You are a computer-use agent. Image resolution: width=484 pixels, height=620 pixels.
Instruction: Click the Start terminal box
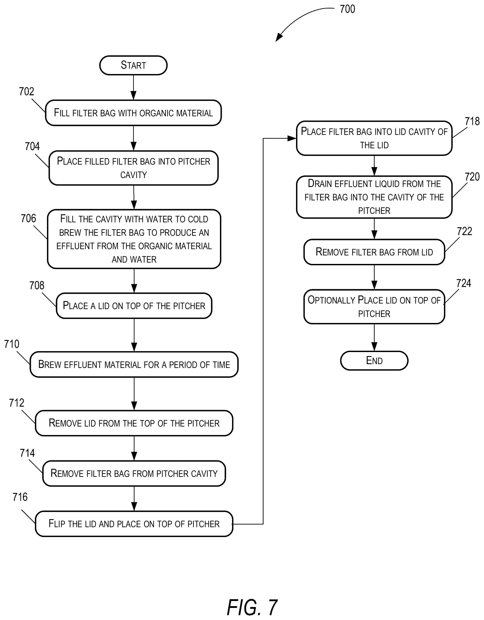[133, 65]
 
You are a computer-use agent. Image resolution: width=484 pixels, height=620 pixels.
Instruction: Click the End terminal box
[374, 361]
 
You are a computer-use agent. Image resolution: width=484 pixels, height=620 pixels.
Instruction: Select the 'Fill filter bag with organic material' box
[133, 113]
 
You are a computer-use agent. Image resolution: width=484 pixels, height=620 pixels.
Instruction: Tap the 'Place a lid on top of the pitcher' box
[134, 306]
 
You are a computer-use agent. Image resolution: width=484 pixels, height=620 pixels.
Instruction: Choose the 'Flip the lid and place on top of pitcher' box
[134, 524]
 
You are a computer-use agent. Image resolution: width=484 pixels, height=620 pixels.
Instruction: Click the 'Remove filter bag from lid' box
[374, 252]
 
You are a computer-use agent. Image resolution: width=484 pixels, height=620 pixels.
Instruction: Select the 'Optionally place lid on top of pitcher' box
[374, 307]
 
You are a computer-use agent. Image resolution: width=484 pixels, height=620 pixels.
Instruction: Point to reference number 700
[347, 9]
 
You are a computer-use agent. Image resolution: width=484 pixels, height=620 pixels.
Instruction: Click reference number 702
[26, 91]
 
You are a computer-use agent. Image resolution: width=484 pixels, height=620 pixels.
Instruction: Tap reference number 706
[28, 218]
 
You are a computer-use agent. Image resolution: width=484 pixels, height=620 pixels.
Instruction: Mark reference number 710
[12, 344]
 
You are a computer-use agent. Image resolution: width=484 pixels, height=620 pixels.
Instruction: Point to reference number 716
[20, 497]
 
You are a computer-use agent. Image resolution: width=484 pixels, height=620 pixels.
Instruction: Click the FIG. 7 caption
[252, 607]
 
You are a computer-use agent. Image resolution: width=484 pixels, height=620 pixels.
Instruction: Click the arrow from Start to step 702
[133, 87]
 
